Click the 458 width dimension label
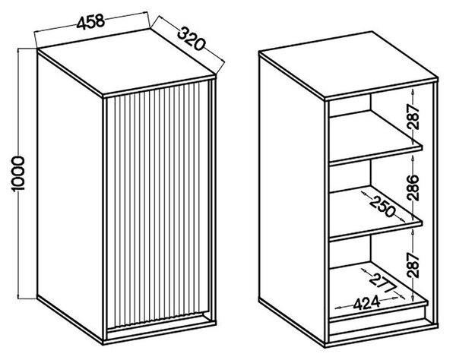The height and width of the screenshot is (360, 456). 90,21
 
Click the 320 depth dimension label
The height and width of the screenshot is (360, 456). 191,38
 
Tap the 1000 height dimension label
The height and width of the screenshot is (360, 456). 18,174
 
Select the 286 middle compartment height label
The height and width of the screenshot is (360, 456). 413,188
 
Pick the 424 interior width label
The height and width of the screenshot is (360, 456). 366,303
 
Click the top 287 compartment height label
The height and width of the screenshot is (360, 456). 413,116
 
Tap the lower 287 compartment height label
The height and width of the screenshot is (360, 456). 413,265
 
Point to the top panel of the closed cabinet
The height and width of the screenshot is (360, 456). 127,63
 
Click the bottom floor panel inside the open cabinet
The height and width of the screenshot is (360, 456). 378,291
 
